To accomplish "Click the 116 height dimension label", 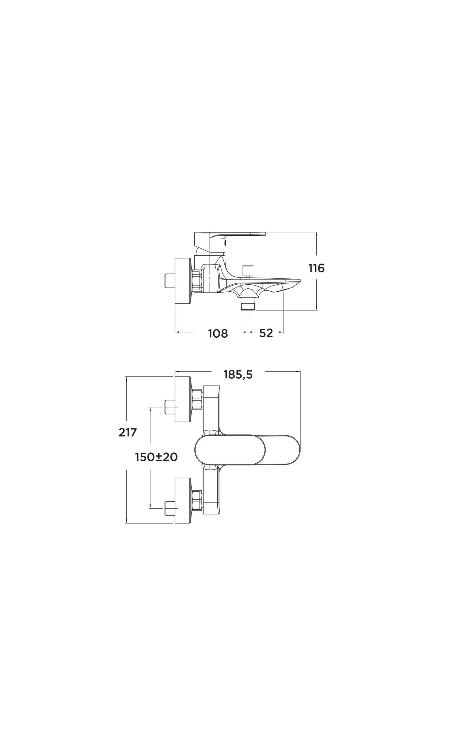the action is [316, 268].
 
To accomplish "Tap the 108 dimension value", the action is [218, 334].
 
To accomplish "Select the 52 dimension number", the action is [266, 333].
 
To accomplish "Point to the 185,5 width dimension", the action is [238, 375].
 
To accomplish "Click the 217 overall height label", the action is [128, 432].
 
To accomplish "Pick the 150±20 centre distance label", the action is [156, 457].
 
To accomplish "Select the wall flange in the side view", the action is [183, 281].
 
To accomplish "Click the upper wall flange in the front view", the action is [183, 400].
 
